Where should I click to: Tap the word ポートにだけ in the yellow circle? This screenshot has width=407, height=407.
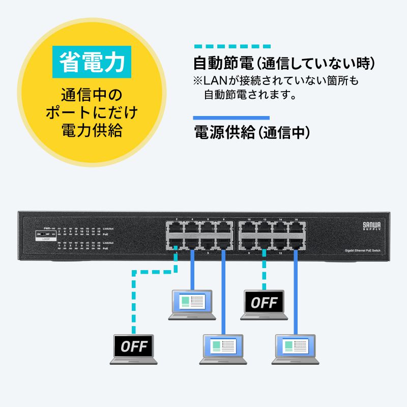click(92, 113)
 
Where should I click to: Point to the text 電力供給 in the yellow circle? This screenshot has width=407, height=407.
click(92, 131)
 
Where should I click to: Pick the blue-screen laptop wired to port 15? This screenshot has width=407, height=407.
click(294, 349)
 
